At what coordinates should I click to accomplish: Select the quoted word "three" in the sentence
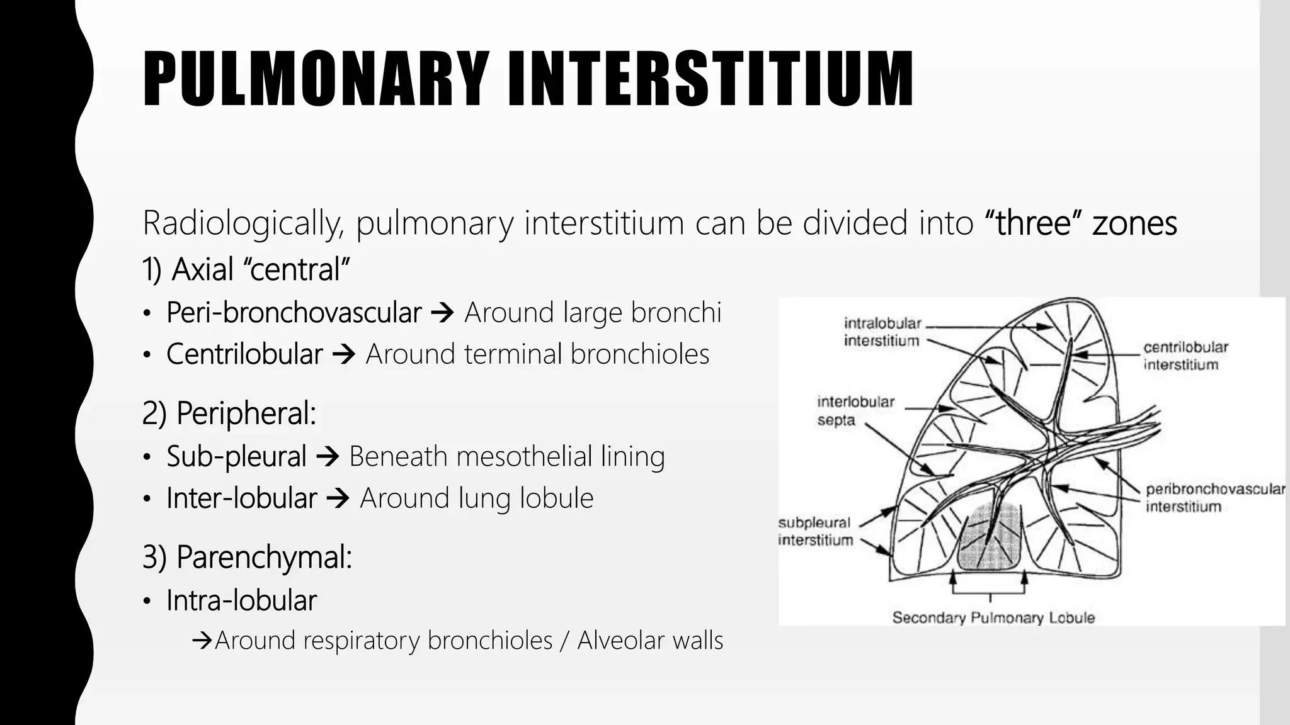(1033, 223)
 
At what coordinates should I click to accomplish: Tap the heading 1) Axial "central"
(246, 269)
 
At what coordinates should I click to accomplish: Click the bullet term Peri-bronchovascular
(294, 313)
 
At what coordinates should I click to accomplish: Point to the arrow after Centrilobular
(344, 354)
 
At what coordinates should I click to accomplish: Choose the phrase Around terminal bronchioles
(537, 354)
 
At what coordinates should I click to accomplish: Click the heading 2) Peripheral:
(229, 413)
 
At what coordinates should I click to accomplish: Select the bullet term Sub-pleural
(236, 456)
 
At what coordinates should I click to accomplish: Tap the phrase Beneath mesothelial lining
(506, 456)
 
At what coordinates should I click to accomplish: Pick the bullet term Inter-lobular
(241, 498)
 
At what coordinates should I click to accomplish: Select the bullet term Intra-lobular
(241, 600)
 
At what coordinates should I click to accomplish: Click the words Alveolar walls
(650, 641)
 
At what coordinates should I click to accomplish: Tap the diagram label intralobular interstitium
(882, 332)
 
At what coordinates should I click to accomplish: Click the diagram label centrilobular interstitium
(1185, 356)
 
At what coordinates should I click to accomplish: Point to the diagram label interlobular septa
(855, 411)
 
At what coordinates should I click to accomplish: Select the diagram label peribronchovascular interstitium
(1214, 498)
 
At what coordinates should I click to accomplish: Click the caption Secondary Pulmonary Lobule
(993, 618)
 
